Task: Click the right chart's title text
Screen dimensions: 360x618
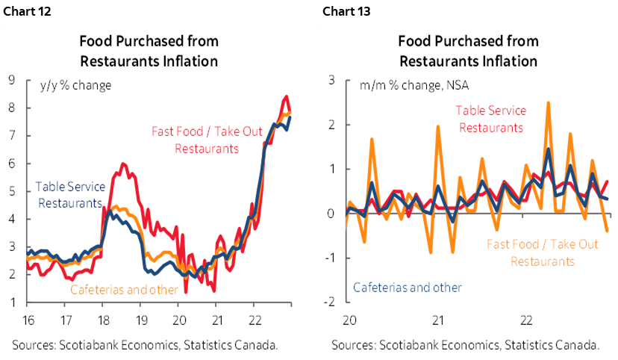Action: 468,50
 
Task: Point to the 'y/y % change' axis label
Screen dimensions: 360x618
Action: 75,85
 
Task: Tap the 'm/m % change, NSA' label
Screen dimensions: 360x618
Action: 392,85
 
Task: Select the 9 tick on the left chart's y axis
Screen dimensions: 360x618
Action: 12,80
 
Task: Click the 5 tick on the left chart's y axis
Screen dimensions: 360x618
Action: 12,191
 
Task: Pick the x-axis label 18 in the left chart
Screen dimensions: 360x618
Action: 102,316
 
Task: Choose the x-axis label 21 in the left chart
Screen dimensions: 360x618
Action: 216,316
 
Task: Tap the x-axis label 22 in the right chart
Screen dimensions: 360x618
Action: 525,316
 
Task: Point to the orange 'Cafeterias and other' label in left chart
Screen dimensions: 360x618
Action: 124,290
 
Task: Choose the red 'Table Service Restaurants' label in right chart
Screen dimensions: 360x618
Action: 491,119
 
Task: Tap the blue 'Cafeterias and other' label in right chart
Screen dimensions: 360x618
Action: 407,287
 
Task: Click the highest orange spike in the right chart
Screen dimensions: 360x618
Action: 548,104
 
